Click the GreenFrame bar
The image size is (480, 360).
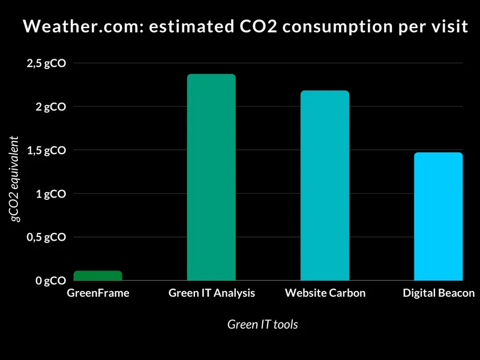click(98, 276)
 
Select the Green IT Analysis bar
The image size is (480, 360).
click(211, 178)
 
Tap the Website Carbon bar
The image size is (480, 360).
click(325, 186)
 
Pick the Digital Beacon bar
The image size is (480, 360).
click(439, 217)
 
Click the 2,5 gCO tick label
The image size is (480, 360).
click(46, 63)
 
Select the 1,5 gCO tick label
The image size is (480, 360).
click(46, 150)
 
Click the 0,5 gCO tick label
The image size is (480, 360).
click(46, 237)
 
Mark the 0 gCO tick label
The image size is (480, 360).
click(50, 281)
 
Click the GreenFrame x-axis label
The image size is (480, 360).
click(98, 293)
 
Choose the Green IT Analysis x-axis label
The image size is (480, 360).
click(212, 293)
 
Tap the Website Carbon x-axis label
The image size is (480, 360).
click(325, 293)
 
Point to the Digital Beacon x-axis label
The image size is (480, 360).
click(439, 293)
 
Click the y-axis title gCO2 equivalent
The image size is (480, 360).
click(16, 179)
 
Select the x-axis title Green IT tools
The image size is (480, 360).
click(263, 325)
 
